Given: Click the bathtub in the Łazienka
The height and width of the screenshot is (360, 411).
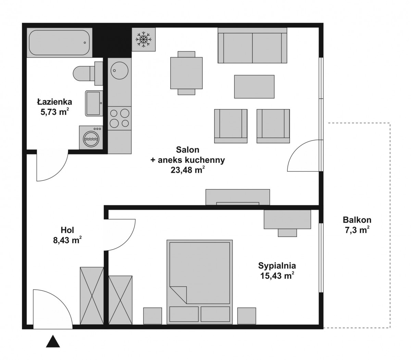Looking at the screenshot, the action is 60,43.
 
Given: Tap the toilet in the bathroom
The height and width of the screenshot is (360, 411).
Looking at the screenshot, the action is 88,73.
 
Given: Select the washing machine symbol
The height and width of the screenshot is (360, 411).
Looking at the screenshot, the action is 91,138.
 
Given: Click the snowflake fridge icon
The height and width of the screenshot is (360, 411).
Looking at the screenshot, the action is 144,39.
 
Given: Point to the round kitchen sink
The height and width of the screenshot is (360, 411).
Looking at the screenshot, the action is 120,70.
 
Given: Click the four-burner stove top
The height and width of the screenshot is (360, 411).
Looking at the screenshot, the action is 120,118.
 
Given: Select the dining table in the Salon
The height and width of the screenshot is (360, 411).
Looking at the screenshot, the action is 186,73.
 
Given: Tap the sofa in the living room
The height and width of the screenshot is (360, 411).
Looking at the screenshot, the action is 252,46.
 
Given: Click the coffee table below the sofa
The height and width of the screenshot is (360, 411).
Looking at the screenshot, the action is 254,87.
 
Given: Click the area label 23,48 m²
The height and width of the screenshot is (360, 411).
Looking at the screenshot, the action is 188,170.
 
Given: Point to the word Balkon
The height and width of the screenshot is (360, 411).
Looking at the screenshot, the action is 357,220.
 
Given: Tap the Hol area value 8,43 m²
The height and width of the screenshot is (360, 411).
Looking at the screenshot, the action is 67,240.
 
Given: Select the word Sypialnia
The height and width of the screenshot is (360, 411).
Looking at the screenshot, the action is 277,266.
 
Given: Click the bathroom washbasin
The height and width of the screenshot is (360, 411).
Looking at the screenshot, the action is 94,103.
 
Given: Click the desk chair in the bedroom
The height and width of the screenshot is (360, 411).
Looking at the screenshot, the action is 287,233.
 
